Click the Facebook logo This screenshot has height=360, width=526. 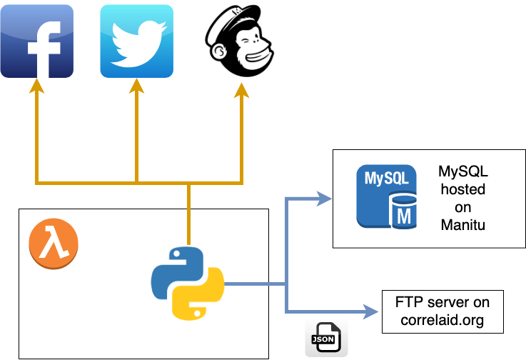36,41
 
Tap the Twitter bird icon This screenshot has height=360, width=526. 136,41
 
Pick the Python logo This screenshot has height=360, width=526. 187,282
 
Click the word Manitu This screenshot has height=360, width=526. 463,224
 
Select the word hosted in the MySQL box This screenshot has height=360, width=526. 463,189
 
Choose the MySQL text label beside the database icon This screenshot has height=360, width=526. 463,172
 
